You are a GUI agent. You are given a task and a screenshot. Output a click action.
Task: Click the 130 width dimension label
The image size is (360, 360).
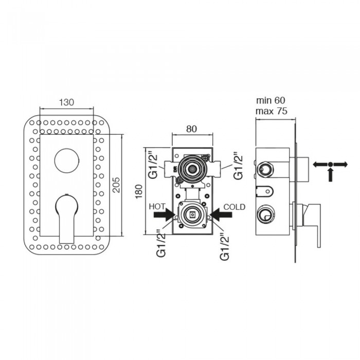click(x=66, y=102)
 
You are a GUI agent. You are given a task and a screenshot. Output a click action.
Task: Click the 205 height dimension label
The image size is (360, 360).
click(x=116, y=185)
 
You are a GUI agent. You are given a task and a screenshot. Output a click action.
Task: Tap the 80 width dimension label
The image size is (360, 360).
click(x=191, y=129)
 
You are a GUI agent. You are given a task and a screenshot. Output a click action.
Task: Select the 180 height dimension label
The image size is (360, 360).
click(x=139, y=191)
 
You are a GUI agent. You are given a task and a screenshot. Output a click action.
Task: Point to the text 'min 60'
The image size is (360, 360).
click(x=271, y=100)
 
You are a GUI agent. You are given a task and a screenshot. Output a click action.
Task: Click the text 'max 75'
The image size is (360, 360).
click(x=272, y=111)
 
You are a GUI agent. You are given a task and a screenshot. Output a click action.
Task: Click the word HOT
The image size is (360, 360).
click(x=157, y=207)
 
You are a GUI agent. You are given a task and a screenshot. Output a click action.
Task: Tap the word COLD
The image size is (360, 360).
click(x=235, y=207)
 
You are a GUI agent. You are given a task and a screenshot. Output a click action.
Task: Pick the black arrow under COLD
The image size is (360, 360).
click(x=221, y=215)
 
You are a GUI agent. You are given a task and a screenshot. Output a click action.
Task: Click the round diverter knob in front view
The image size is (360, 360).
click(x=67, y=160)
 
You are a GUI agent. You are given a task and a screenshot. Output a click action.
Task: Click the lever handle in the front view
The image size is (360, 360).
click(x=67, y=219)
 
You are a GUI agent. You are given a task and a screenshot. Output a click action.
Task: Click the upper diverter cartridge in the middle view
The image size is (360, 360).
click(x=192, y=169)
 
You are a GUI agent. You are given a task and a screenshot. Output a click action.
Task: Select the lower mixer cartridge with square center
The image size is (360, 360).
click(x=192, y=214)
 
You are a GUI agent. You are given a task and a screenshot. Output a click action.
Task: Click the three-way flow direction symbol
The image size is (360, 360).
click(x=330, y=170)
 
